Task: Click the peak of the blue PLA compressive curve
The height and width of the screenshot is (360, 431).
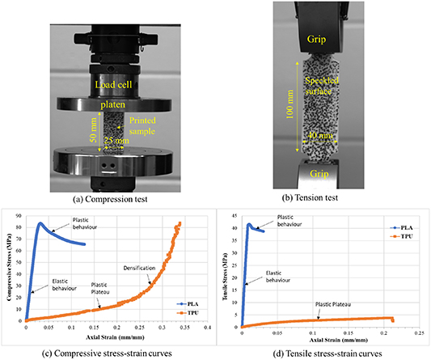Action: point(40,223)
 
